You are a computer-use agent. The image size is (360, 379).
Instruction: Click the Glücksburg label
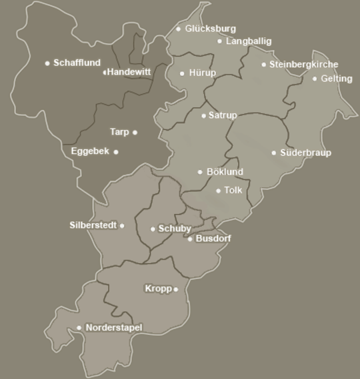pyautogui.click(x=211, y=29)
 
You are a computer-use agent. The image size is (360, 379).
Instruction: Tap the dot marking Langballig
pyautogui.click(x=219, y=41)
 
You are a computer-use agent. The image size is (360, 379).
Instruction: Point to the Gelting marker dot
pyautogui.click(x=315, y=79)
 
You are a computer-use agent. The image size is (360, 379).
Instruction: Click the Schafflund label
pyautogui.click(x=77, y=63)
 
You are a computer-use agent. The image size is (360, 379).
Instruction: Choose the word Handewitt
pyautogui.click(x=129, y=72)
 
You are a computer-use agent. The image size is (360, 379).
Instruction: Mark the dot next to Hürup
pyautogui.click(x=182, y=73)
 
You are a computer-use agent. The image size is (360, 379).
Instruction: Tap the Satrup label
pyautogui.click(x=223, y=115)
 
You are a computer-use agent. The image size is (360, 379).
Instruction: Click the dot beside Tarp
pyautogui.click(x=135, y=132)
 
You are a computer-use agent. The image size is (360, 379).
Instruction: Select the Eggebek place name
pyautogui.click(x=90, y=152)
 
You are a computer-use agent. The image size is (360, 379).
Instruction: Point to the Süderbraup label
pyautogui.click(x=305, y=153)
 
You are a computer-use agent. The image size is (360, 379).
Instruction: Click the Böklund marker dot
pyautogui.click(x=199, y=172)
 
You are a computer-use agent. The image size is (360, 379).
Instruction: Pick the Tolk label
pyautogui.click(x=233, y=190)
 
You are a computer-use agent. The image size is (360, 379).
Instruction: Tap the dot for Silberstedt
pyautogui.click(x=122, y=225)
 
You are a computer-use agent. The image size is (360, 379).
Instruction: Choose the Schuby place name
pyautogui.click(x=175, y=229)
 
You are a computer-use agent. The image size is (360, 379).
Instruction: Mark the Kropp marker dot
pyautogui.click(x=176, y=289)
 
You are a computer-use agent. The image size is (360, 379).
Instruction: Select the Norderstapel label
pyautogui.click(x=114, y=328)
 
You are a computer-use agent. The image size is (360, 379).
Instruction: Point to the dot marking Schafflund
pyautogui.click(x=47, y=63)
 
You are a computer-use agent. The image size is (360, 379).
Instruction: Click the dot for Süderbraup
pyautogui.click(x=274, y=153)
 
